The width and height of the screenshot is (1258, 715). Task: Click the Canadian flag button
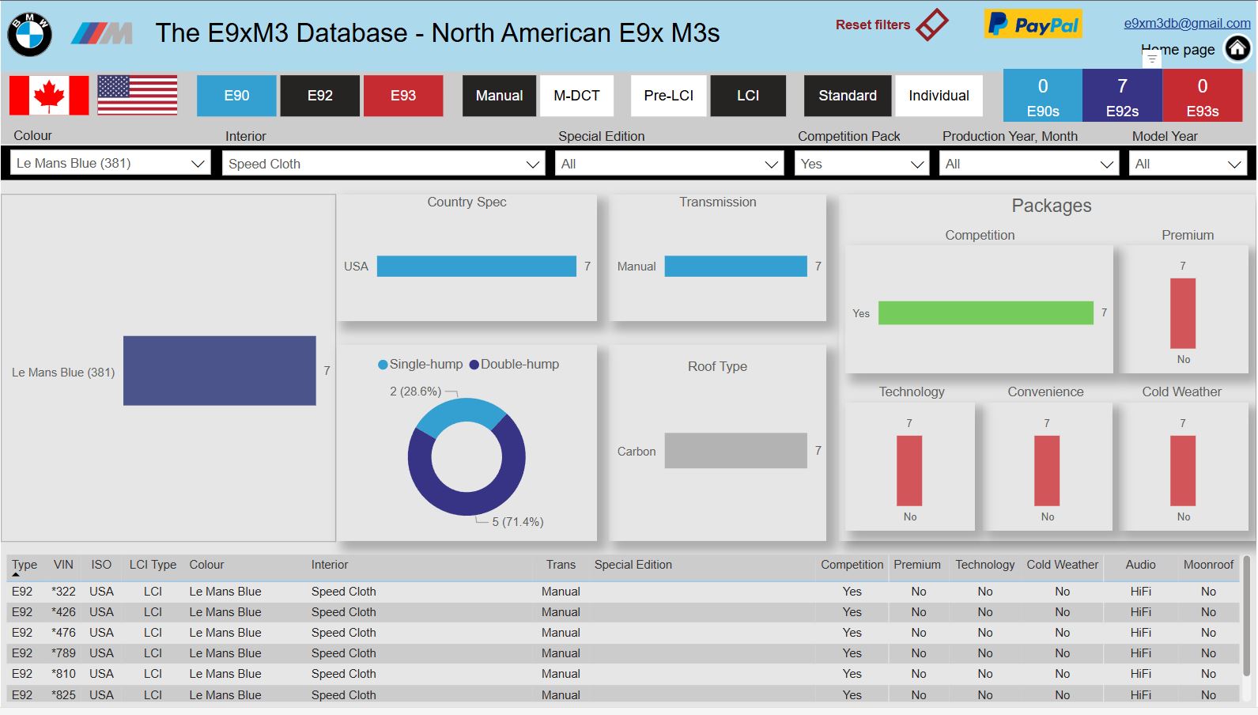[50, 95]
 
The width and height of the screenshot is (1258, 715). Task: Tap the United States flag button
[137, 95]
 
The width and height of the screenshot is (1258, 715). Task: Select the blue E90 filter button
[236, 96]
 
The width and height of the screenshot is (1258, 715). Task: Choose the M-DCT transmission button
[576, 96]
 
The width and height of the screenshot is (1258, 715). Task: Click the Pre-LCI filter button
[668, 96]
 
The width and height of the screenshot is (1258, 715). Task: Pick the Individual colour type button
[939, 96]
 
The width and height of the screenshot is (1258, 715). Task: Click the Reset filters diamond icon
[932, 25]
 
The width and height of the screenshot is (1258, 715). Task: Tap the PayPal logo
[1033, 25]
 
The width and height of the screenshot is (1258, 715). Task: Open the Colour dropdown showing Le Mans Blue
[111, 164]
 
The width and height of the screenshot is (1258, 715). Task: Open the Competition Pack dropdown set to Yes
[862, 164]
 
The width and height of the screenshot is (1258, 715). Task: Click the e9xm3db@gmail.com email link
[1188, 23]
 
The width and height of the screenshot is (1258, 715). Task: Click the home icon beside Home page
[1237, 49]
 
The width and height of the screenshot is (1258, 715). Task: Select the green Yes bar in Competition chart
[986, 313]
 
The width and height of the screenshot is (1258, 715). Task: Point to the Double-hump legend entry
[514, 365]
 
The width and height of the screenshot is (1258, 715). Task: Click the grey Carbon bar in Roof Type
[735, 451]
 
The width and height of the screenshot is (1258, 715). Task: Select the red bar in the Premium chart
[1183, 313]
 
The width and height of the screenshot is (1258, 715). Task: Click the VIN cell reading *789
[63, 653]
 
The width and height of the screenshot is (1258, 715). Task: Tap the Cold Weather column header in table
[1062, 565]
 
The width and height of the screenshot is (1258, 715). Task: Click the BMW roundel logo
[30, 34]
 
